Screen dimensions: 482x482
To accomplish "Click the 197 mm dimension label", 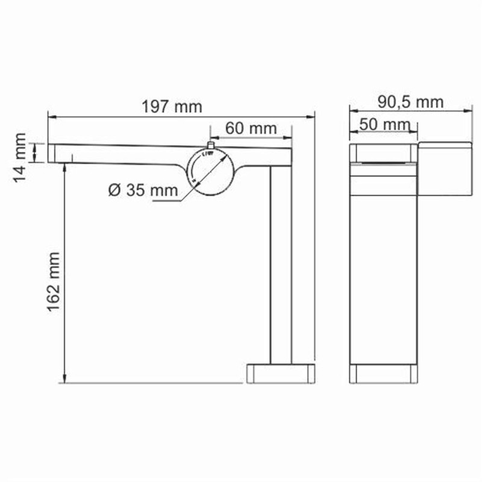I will pos(172,107).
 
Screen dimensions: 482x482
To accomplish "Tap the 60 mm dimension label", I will pos(251,128).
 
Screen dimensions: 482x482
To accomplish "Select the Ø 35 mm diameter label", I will pos(143,190).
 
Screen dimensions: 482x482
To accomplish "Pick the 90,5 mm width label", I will pos(410,102).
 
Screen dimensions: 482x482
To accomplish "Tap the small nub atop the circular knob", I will pos(210,145).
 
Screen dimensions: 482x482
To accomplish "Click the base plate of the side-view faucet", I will pos(281,373).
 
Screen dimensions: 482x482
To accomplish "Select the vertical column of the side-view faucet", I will pos(281,265).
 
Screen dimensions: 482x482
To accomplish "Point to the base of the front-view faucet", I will pos(383,374).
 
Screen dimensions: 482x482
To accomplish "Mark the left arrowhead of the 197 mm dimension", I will pos(51,116).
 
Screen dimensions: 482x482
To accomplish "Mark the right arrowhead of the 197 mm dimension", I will pos(313,116).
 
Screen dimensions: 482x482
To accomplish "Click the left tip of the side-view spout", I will pos(51,153).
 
